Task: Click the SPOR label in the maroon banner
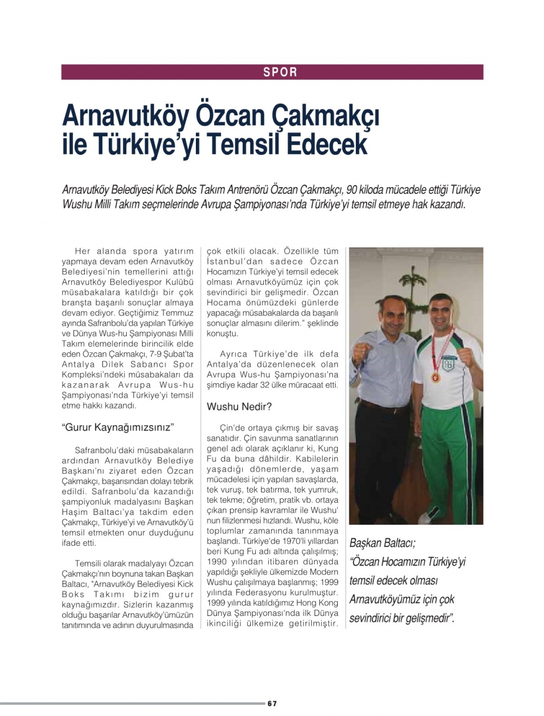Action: click(x=280, y=72)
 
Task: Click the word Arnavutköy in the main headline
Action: click(x=126, y=115)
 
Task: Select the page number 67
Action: click(x=272, y=703)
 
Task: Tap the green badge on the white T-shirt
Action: click(x=448, y=365)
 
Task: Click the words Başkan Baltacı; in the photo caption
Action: click(x=382, y=543)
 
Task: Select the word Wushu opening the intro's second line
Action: click(x=78, y=205)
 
